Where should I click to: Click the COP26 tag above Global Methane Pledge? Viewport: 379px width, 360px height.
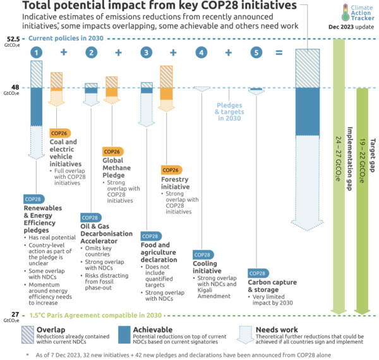pos(112,152)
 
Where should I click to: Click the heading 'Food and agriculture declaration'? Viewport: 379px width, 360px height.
pos(155,252)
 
